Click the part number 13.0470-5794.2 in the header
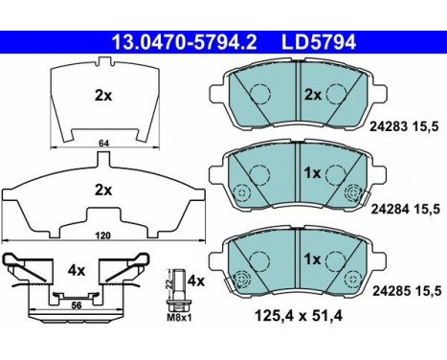tap(184, 42)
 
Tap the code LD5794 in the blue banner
tap(319, 42)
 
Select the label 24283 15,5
tap(404, 127)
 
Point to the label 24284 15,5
tap(406, 210)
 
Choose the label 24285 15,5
tap(407, 291)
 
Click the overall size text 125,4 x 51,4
tap(299, 316)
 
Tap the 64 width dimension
tap(104, 144)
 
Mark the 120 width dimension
tap(103, 236)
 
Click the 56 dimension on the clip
tap(76, 305)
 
